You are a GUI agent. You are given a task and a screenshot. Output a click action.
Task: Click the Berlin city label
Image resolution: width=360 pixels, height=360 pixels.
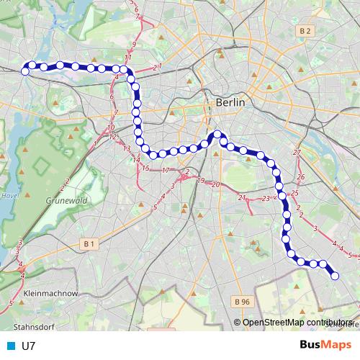tap(230, 103)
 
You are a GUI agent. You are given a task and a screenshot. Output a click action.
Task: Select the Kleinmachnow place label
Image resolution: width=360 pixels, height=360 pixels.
tap(50, 294)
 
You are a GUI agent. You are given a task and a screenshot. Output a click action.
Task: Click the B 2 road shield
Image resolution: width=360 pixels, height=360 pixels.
tap(306, 30)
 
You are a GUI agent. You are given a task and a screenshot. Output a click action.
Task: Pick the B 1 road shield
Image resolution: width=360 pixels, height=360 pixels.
tap(89, 244)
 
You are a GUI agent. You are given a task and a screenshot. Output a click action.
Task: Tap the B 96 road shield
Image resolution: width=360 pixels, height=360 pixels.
tap(242, 301)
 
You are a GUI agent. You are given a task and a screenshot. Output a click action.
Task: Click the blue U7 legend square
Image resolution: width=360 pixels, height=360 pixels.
tap(11, 346)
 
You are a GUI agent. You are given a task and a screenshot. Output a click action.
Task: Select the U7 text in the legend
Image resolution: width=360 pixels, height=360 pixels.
tap(29, 346)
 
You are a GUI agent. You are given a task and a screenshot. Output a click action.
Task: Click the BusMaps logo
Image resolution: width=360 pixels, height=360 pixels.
tap(325, 345)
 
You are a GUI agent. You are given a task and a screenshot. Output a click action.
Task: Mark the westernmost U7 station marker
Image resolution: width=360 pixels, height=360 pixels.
tap(25, 71)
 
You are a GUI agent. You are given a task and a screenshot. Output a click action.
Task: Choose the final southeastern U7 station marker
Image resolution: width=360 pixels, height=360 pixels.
tap(335, 275)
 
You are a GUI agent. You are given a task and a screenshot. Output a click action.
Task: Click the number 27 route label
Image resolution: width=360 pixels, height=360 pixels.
tap(297, 153)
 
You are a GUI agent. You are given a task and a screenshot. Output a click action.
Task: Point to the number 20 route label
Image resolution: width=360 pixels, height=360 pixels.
tap(215, 184)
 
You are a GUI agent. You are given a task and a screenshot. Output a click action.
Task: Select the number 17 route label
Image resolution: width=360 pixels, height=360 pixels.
tap(165, 171)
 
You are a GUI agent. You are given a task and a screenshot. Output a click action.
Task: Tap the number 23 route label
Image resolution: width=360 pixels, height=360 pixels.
tap(266, 198)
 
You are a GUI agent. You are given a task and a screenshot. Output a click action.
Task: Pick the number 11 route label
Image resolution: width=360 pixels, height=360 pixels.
tap(127, 58)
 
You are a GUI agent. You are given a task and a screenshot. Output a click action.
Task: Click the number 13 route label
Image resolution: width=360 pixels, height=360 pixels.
tap(127, 148)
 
